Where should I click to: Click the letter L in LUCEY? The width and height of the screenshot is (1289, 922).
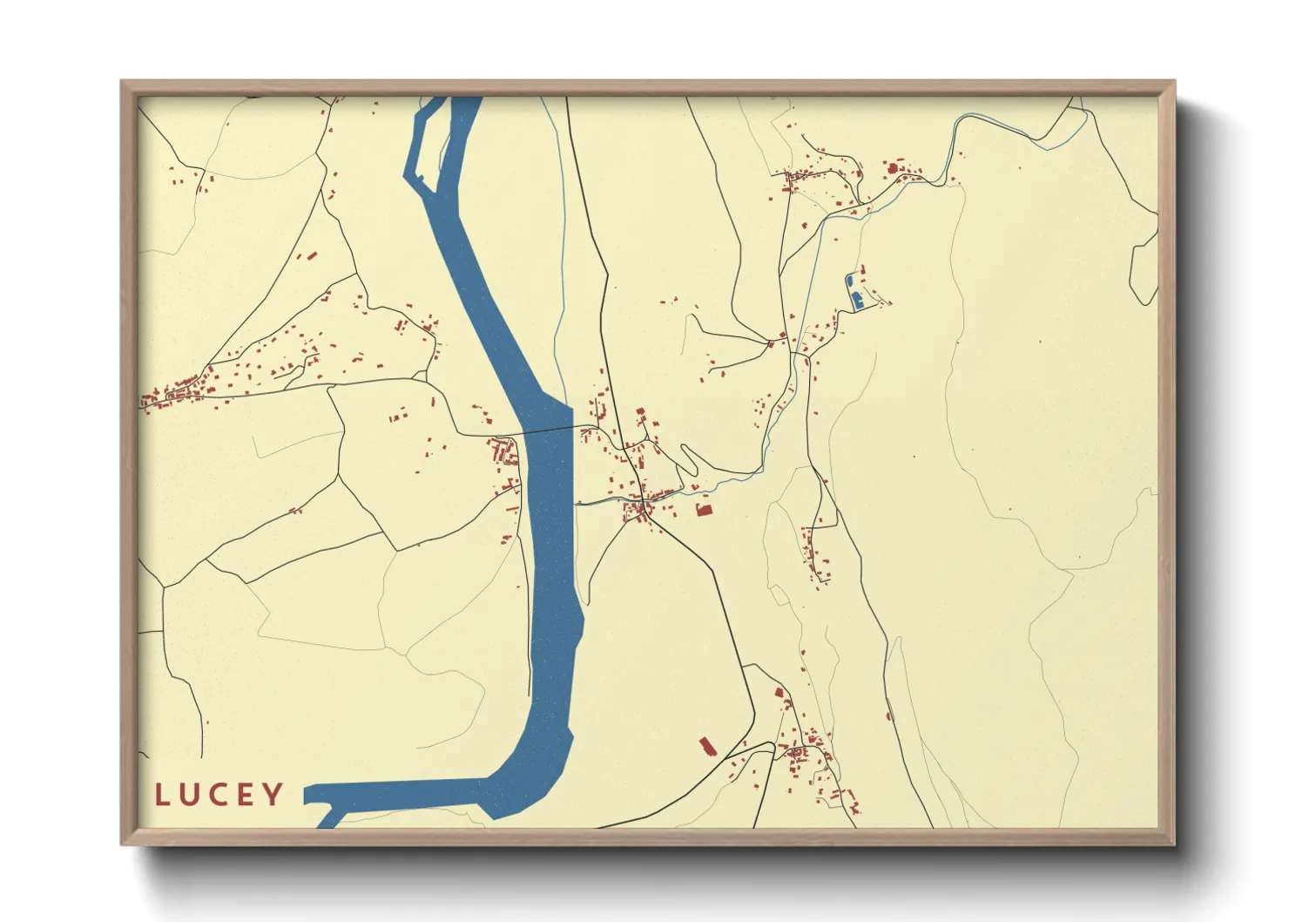pyautogui.click(x=162, y=795)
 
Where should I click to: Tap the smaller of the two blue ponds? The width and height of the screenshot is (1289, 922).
pyautogui.click(x=849, y=281)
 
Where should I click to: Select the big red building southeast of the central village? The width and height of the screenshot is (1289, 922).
pyautogui.click(x=704, y=510)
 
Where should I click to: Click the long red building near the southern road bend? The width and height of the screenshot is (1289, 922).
pyautogui.click(x=706, y=746)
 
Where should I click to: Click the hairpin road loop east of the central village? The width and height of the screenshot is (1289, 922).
pyautogui.click(x=688, y=458)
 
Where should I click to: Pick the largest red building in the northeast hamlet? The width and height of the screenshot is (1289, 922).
pyautogui.click(x=892, y=166)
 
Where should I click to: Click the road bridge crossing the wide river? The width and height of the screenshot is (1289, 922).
pyautogui.click(x=547, y=430)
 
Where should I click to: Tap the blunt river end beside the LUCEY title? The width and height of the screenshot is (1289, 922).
pyautogui.click(x=309, y=794)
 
